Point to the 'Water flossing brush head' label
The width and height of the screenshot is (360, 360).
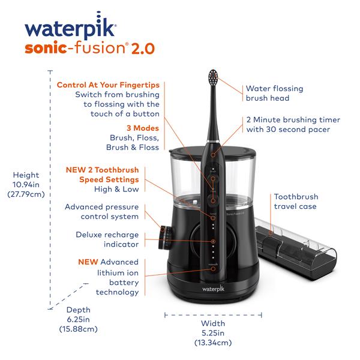(x=274, y=93)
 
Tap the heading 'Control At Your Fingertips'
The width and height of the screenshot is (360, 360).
(x=108, y=85)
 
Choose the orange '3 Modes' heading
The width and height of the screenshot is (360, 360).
(x=143, y=128)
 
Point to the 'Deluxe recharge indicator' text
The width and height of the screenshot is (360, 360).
(x=107, y=239)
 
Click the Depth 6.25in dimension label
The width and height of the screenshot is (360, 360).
(x=78, y=319)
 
